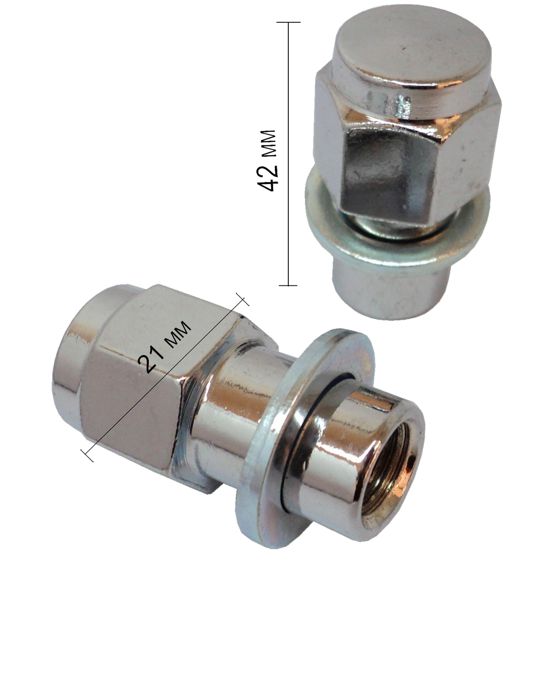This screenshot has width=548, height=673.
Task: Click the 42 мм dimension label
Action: point(267,160)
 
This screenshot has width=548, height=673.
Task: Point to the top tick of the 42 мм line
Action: point(288,22)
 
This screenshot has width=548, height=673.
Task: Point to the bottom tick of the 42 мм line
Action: point(288,285)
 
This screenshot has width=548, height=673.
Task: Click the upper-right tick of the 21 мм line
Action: point(243,299)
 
